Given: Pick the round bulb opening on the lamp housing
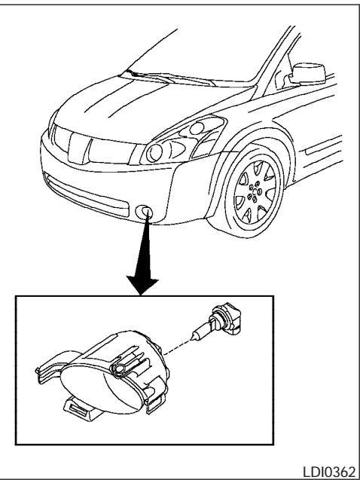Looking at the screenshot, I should click(x=118, y=367).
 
